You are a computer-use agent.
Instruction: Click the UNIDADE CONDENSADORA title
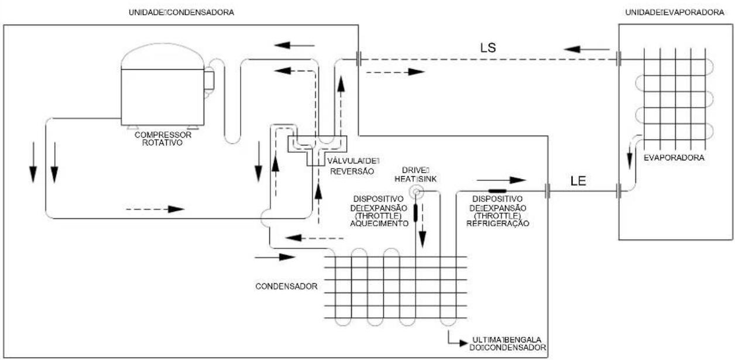[181, 12]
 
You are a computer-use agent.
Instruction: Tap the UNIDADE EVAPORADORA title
[675, 12]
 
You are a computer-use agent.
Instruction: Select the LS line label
[488, 48]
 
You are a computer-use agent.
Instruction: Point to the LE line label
[578, 181]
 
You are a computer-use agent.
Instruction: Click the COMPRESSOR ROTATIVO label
[163, 139]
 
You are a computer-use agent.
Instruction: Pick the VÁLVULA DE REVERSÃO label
[353, 166]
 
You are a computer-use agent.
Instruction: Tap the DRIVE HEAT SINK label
[415, 174]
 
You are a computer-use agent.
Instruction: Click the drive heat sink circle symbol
[416, 192]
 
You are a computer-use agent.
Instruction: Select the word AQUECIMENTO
[379, 224]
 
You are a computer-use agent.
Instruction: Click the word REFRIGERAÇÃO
[498, 224]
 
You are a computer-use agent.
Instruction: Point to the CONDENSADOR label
[287, 286]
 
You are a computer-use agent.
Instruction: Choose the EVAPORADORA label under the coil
[674, 158]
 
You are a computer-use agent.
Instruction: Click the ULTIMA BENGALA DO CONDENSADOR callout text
[507, 344]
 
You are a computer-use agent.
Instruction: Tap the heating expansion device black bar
[415, 213]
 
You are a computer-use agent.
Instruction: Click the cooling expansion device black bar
[497, 191]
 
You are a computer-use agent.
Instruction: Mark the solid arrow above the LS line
[587, 50]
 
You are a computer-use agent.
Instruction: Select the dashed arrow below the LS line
[396, 72]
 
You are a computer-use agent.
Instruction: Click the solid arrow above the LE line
[502, 180]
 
